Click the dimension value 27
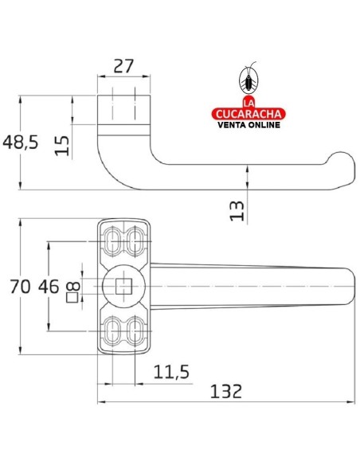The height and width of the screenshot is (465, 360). [123, 66]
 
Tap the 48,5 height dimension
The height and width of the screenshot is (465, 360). [21, 142]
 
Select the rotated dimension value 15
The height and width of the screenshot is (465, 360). [62, 146]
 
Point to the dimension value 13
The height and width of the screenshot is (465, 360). [237, 211]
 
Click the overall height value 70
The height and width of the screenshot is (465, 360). [20, 287]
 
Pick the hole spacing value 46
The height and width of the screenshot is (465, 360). [49, 287]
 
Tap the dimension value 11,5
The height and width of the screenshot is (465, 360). [171, 372]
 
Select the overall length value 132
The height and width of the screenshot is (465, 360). [226, 392]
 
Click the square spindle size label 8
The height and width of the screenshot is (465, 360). [73, 286]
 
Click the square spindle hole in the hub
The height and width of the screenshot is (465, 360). [123, 286]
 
